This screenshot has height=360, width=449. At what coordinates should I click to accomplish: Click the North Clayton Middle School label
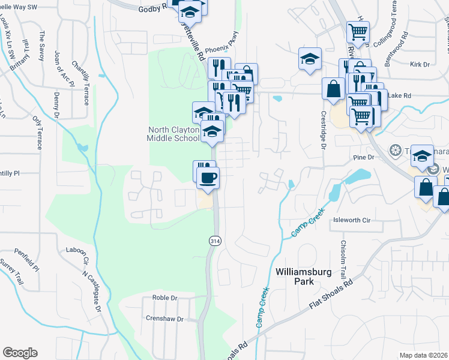(173, 134)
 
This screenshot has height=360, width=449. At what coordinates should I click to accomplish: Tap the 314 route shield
(214, 240)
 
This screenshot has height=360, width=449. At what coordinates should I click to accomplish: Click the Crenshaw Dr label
(164, 319)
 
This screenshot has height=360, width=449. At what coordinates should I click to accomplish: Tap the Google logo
(20, 353)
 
